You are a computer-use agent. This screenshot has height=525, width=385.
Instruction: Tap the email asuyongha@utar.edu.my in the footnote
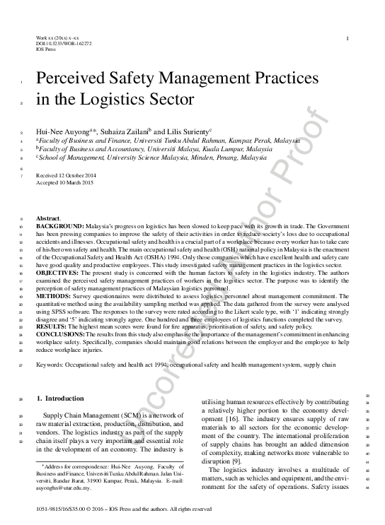coord(61,488)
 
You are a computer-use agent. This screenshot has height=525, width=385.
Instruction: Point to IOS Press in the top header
coord(45,49)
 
